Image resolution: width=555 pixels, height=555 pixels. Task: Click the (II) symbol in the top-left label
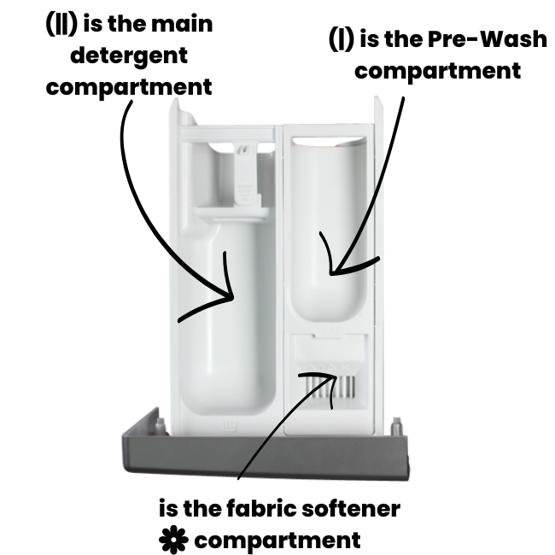coord(61,24)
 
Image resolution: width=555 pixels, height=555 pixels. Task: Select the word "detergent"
coord(129,56)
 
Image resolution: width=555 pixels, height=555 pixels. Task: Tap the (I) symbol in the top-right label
coord(342,39)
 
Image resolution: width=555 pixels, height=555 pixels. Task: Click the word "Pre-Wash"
coord(488,38)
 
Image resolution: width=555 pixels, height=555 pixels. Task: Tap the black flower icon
coord(173,540)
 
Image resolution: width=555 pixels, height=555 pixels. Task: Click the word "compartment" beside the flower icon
coord(277,541)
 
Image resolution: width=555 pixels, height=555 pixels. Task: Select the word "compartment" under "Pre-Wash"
coord(437,72)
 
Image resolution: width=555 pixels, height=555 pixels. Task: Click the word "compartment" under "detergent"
coord(129,88)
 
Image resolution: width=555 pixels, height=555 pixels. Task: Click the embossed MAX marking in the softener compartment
coord(330,367)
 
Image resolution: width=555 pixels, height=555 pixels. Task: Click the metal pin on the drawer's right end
coord(396,426)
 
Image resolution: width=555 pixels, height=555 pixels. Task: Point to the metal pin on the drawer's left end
coord(161,426)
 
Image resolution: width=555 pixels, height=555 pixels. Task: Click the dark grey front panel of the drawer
coord(266,457)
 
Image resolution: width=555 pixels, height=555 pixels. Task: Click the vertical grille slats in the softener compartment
coord(330,387)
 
